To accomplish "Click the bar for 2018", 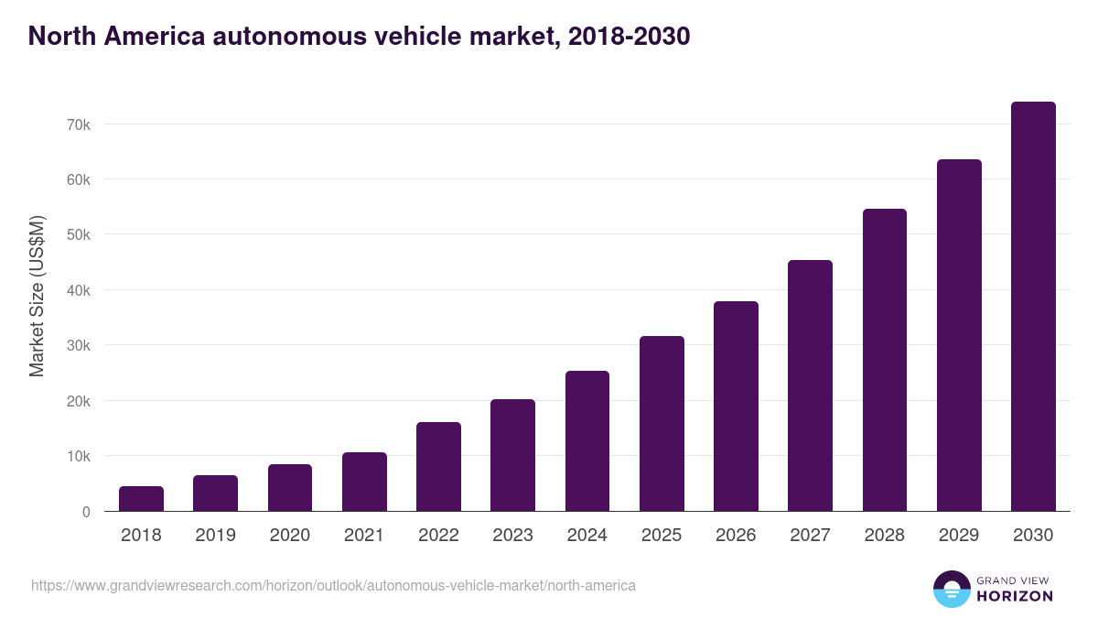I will (x=141, y=499).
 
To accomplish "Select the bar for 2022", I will (x=438, y=467).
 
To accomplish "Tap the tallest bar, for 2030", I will (x=1033, y=307).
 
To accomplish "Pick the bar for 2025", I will (x=662, y=424).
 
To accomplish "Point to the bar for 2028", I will (x=885, y=360).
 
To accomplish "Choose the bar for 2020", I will (x=290, y=488).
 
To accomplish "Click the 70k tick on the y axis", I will (x=78, y=125).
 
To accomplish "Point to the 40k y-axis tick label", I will (x=78, y=290).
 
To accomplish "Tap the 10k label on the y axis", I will (x=78, y=456).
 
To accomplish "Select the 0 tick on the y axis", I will (x=85, y=512).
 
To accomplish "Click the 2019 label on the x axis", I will (x=215, y=536).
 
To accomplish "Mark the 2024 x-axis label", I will (x=587, y=536).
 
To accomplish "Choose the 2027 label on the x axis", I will (x=811, y=536).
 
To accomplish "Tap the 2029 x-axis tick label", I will (x=959, y=536).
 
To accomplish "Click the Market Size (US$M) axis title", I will (x=37, y=296).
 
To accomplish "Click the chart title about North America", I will (x=359, y=37).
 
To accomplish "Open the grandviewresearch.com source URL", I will (x=333, y=585).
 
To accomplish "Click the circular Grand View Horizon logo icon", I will (x=951, y=589).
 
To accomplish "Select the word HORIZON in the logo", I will (x=1016, y=596).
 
